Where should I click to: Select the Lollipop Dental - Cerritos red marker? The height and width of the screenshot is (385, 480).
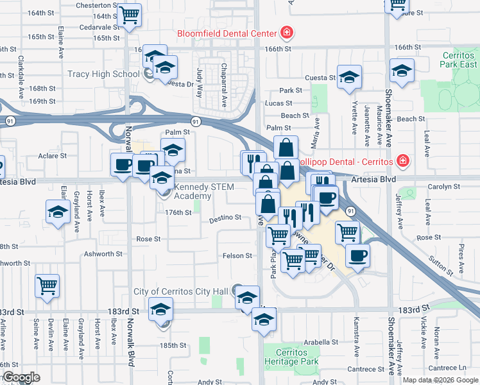pyautogui.click(x=402, y=160)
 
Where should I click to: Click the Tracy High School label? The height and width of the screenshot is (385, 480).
pyautogui.click(x=103, y=74)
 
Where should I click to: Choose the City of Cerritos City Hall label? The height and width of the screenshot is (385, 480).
pyautogui.click(x=181, y=292)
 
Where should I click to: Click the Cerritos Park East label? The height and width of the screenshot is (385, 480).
pyautogui.click(x=459, y=60)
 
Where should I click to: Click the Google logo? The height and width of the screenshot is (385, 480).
pyautogui.click(x=21, y=377)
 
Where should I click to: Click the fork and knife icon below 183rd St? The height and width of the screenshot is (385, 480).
pyautogui.click(x=264, y=318)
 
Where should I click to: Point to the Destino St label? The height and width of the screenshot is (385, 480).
pyautogui.click(x=225, y=218)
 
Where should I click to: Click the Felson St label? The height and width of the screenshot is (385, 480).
pyautogui.click(x=237, y=256)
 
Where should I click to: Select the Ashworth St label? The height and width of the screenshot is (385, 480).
pyautogui.click(x=103, y=254)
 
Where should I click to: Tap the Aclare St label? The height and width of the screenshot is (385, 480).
pyautogui.click(x=52, y=156)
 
